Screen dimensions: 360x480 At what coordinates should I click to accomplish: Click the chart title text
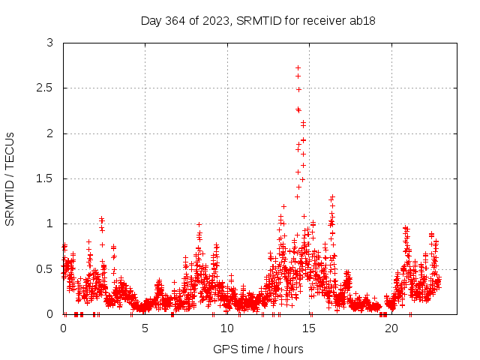(x=258, y=20)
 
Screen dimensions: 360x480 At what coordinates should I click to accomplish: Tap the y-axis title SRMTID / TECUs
(x=10, y=178)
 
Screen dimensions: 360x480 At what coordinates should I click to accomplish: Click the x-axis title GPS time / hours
(x=258, y=349)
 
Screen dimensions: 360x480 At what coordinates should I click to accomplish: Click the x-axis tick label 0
(x=63, y=328)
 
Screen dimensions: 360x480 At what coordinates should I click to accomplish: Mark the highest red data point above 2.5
(x=298, y=67)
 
